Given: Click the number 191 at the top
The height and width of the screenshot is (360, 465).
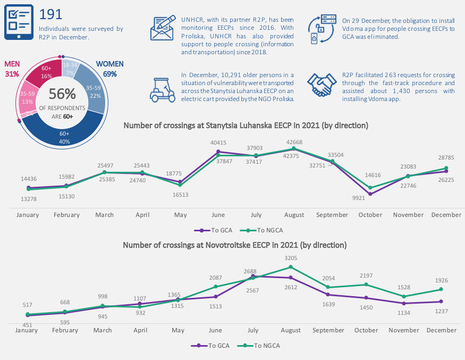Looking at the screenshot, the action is (50, 14).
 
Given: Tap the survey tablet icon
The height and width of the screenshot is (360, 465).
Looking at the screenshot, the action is (19, 22).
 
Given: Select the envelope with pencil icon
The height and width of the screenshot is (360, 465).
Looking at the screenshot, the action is (163, 28).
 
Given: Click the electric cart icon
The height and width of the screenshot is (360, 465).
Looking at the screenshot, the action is (163, 90).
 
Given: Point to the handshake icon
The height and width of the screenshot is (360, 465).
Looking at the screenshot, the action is (322, 85).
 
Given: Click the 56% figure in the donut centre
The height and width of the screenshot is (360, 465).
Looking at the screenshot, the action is (62, 94).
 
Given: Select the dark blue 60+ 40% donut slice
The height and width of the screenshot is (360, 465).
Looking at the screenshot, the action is (63, 133).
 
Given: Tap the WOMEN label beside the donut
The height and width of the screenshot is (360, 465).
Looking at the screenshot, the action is (109, 64).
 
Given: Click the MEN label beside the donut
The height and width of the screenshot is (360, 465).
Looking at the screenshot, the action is (12, 64).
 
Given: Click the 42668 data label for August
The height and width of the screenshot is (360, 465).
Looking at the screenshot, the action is (294, 142).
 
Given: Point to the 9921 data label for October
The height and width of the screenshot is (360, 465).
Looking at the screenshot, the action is (359, 198).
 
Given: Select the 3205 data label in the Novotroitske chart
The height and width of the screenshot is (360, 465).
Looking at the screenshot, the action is (291, 258).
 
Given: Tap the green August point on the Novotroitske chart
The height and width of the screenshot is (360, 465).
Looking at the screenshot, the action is (291, 267).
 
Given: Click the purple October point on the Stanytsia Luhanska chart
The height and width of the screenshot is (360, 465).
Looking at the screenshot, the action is (370, 194).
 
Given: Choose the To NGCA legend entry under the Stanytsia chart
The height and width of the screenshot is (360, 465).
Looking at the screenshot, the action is (261, 230).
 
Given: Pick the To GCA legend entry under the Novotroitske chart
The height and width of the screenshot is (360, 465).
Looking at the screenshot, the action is (210, 346).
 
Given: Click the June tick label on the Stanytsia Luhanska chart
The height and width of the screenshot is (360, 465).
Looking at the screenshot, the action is (218, 215).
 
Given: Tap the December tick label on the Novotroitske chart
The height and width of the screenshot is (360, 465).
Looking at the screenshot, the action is (441, 330).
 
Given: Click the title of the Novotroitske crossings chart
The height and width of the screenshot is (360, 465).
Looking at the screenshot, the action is (235, 245).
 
